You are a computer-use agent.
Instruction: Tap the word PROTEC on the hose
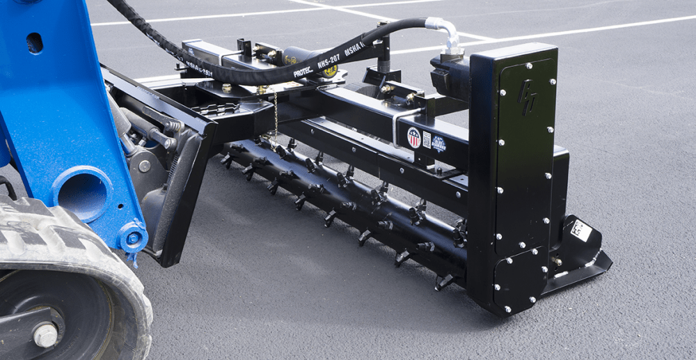click(x=303, y=72)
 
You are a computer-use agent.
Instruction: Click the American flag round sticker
click(x=413, y=137)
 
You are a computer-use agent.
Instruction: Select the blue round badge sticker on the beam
click(x=438, y=143)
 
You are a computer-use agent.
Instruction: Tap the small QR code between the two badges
click(x=426, y=139)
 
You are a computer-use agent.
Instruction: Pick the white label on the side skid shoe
click(x=580, y=230)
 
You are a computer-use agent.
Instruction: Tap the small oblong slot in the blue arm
click(x=34, y=43)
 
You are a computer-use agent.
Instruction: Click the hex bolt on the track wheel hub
click(x=46, y=335)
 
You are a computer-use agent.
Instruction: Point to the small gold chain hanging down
click(x=276, y=115)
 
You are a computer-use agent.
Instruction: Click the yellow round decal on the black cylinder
click(x=331, y=70)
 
